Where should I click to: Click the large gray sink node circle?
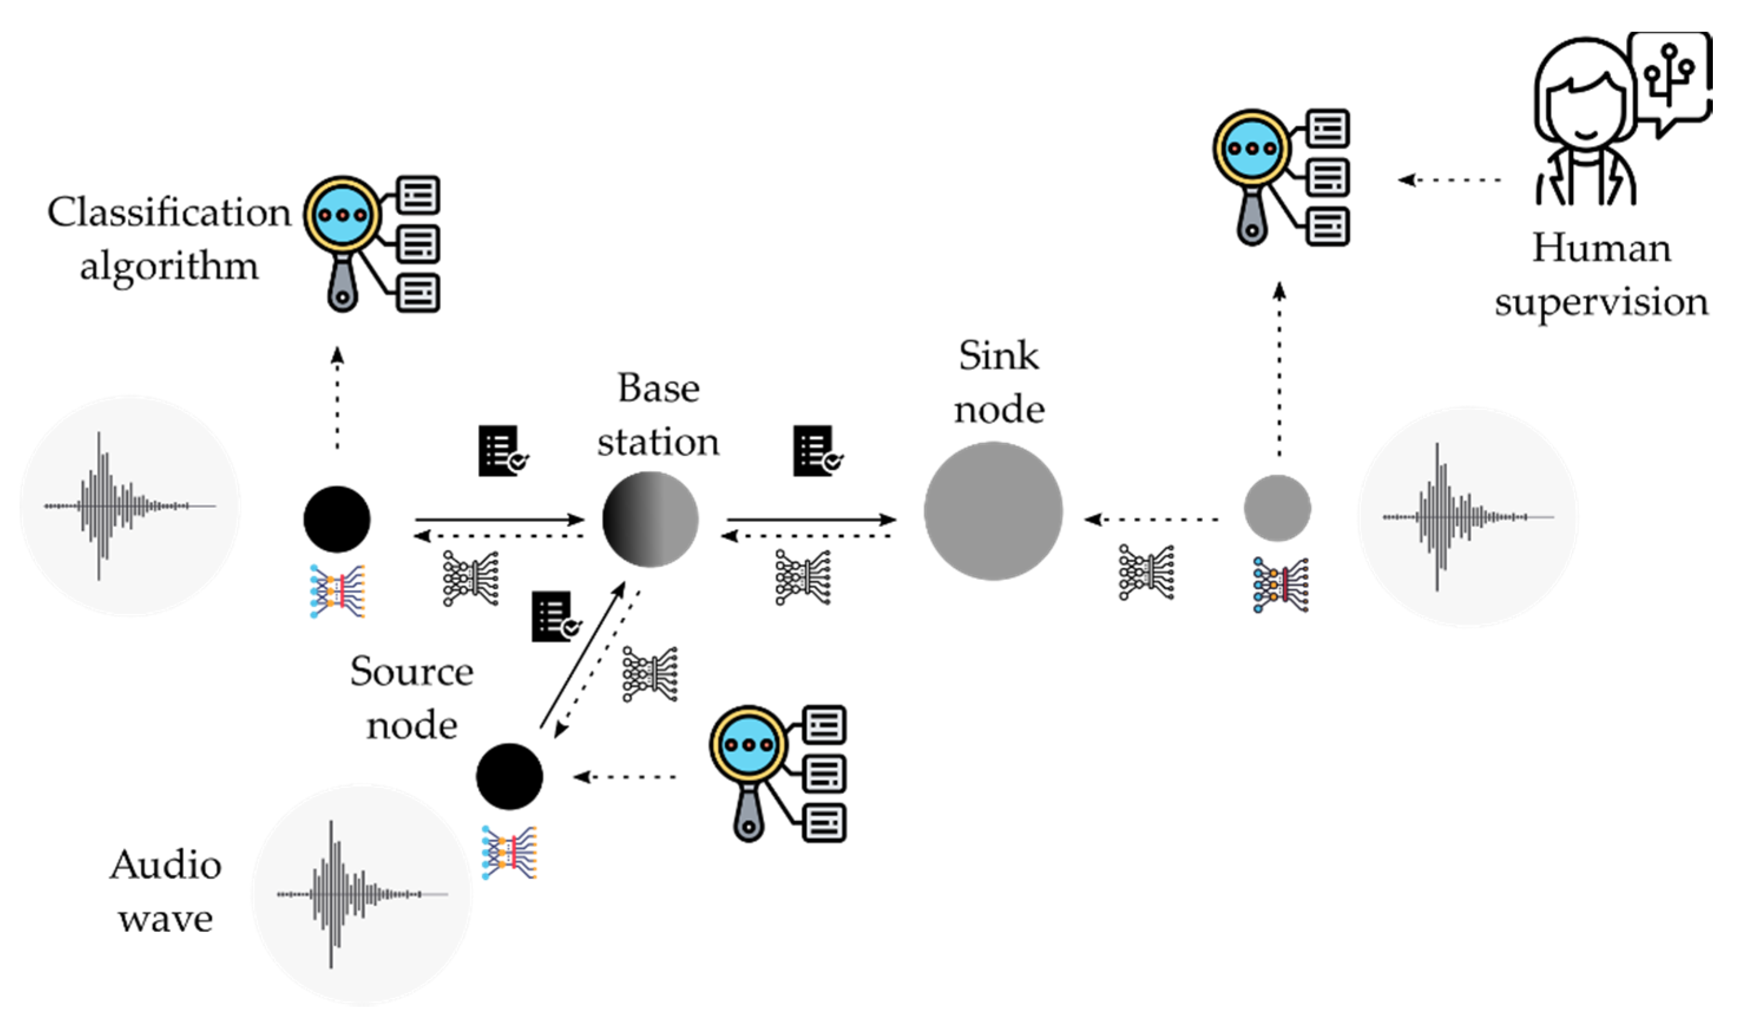point(993,511)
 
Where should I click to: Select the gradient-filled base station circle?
point(650,519)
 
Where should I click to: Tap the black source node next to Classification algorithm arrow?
point(337,519)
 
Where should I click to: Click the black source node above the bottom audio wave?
point(509,776)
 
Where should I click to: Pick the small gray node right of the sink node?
point(1277,508)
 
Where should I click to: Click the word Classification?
point(169,212)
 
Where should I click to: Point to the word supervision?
point(1601,302)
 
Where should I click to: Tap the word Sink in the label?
point(999,356)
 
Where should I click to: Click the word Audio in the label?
point(165,865)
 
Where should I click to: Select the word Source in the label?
point(412,672)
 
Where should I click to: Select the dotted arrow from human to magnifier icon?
point(1450,180)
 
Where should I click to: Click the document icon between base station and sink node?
point(817,451)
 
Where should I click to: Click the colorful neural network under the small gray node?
point(1281,584)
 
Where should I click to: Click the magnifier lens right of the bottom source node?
point(747,745)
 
